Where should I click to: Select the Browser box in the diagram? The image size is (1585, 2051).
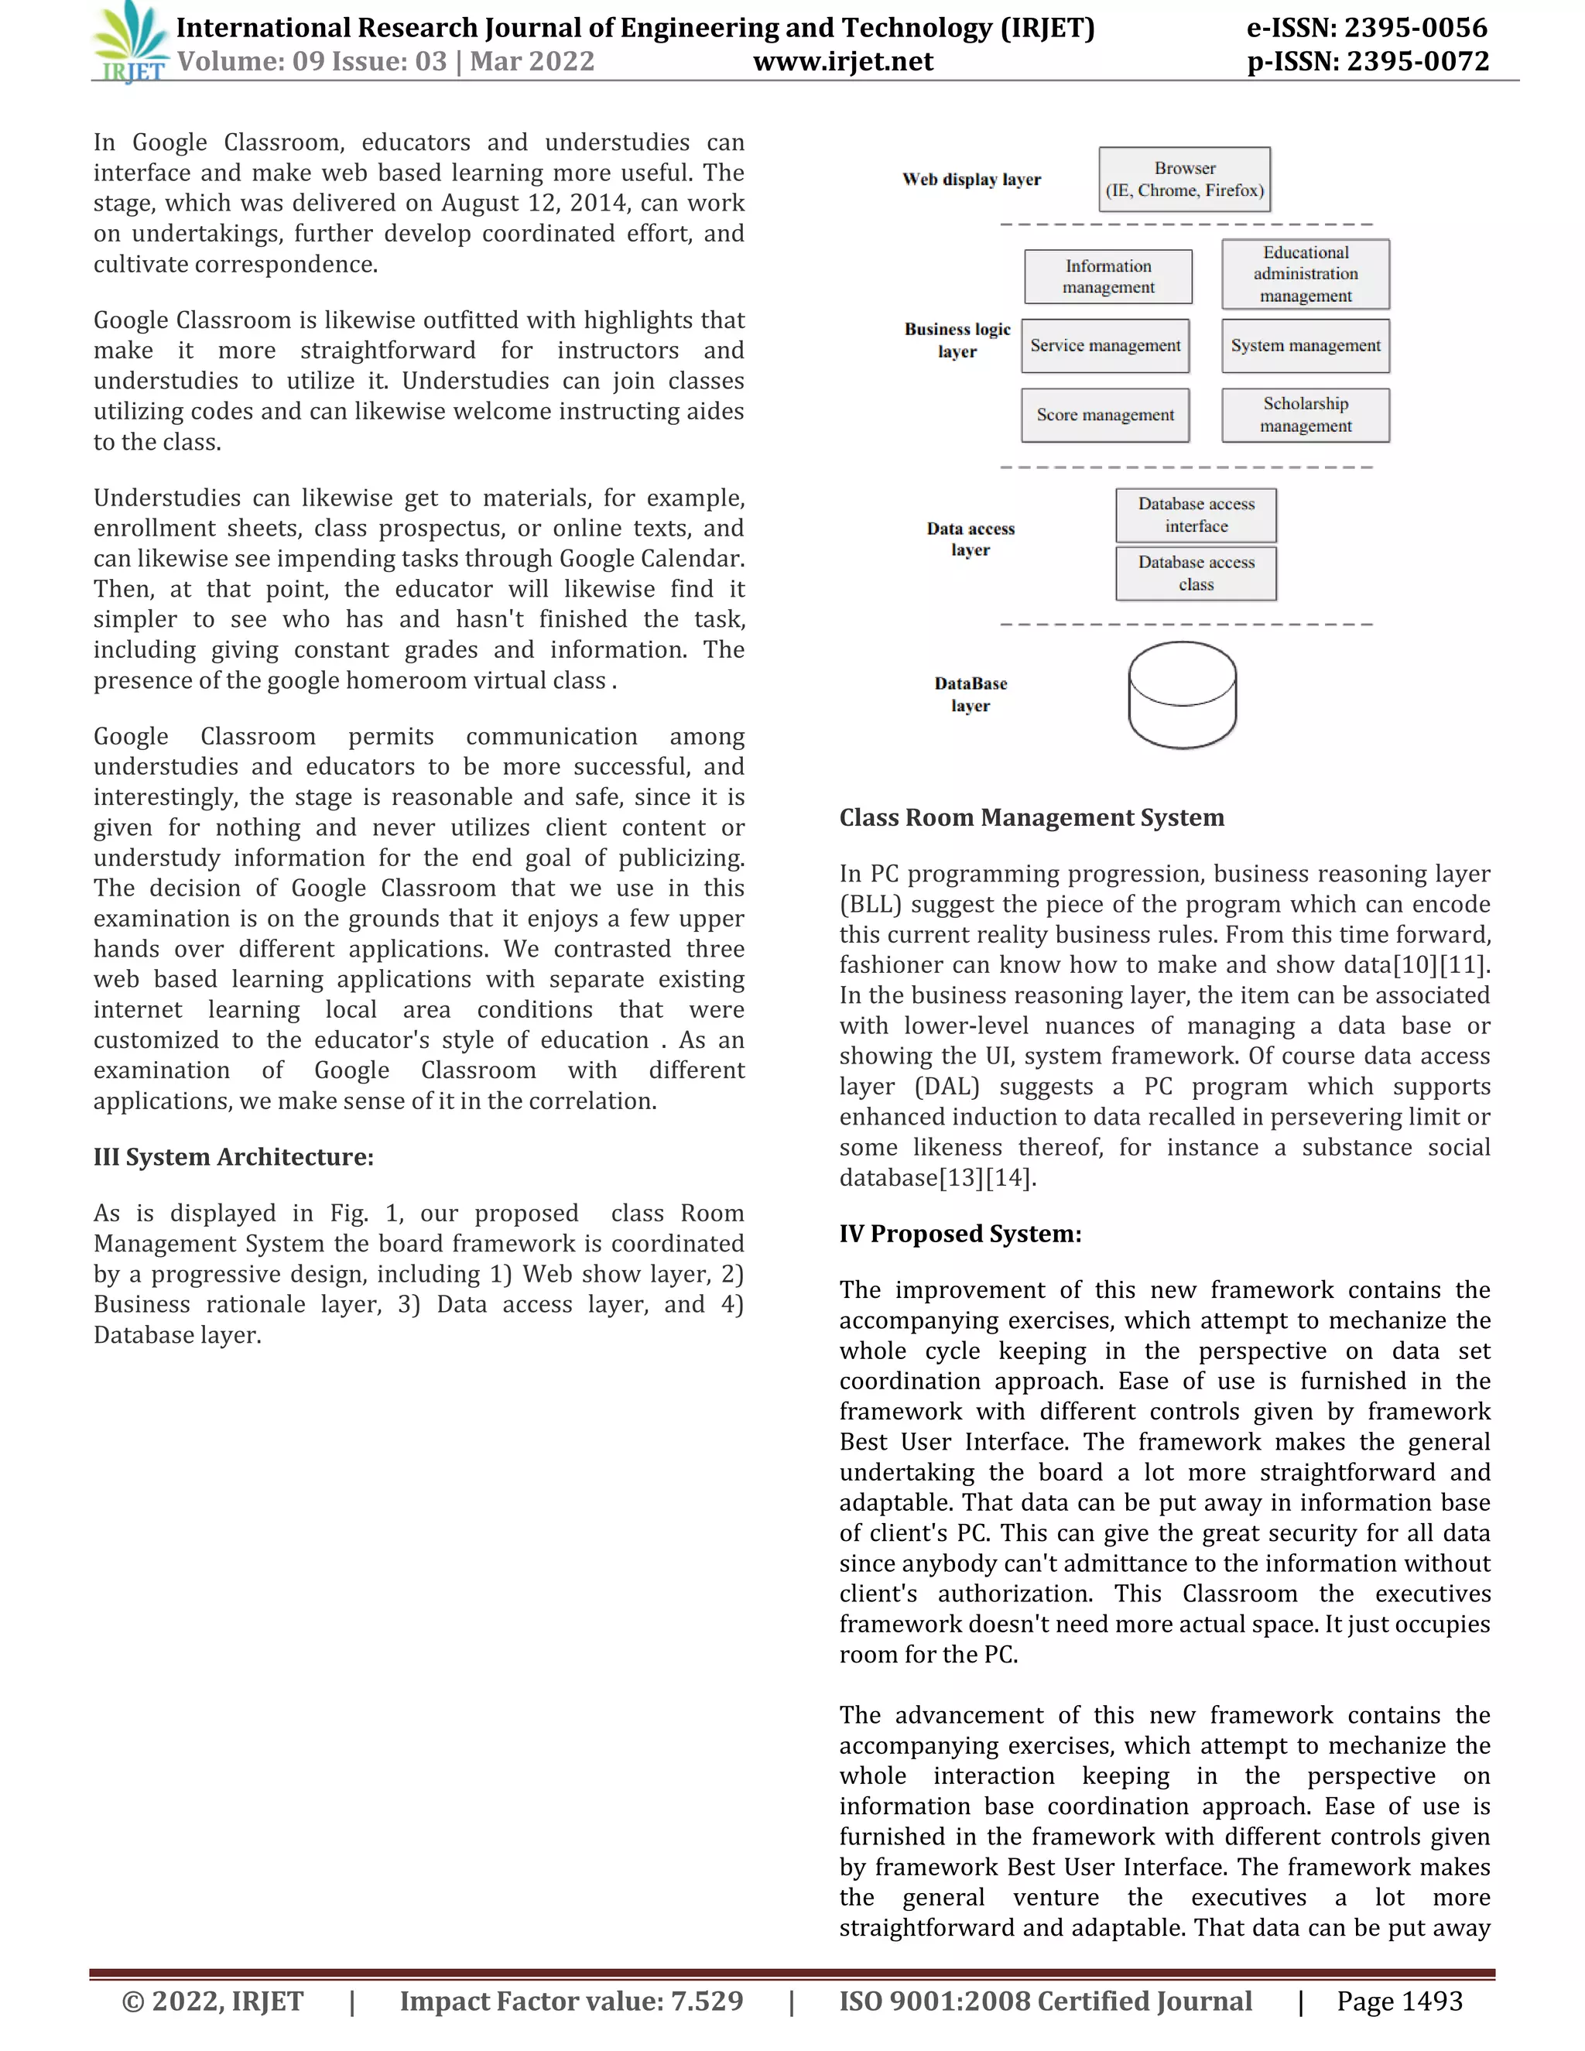(x=1184, y=180)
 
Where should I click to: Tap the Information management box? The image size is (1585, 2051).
(x=1108, y=277)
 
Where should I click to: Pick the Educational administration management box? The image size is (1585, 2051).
(x=1305, y=274)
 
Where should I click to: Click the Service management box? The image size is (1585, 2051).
(x=1105, y=346)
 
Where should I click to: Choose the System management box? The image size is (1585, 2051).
(x=1305, y=346)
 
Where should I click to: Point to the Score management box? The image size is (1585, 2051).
(x=1105, y=415)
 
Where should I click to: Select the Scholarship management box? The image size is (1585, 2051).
(x=1305, y=415)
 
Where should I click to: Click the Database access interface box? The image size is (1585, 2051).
(x=1196, y=515)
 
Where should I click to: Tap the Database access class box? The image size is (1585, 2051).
(x=1196, y=573)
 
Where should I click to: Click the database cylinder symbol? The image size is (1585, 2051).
(x=1183, y=695)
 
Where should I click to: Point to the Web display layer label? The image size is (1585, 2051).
(x=971, y=180)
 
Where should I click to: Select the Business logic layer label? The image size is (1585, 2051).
(x=957, y=340)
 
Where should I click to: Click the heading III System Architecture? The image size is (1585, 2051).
(x=233, y=1157)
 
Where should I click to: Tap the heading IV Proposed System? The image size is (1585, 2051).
(x=960, y=1234)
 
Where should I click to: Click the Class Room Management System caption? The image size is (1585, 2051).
(x=1031, y=818)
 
